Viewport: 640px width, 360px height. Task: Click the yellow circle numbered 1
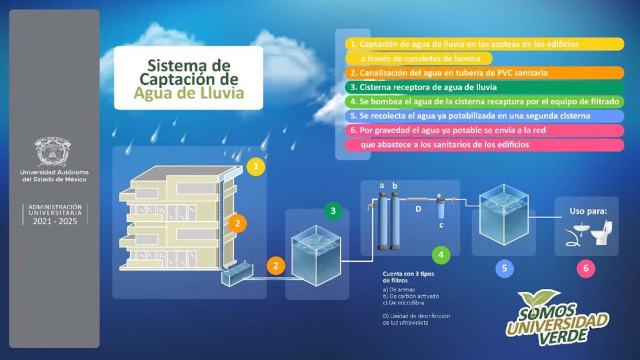click(x=256, y=166)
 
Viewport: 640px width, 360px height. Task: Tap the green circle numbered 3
click(x=333, y=211)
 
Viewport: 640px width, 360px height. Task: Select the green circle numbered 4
click(x=441, y=255)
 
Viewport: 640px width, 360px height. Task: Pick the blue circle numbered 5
click(x=504, y=268)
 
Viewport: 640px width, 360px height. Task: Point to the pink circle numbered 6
click(x=586, y=268)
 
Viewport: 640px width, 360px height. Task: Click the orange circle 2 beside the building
click(x=237, y=224)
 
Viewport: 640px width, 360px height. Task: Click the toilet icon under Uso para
click(x=602, y=232)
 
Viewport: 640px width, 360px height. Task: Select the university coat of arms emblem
click(x=52, y=152)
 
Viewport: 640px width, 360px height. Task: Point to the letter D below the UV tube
click(x=418, y=209)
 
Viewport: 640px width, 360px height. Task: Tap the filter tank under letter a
click(x=382, y=221)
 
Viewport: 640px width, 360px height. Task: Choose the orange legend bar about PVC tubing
click(x=484, y=73)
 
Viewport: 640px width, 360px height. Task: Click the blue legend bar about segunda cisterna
click(x=484, y=116)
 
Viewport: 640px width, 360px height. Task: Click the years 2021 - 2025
click(x=55, y=221)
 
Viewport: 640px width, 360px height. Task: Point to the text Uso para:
click(x=588, y=211)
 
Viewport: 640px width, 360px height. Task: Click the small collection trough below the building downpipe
click(x=237, y=276)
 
